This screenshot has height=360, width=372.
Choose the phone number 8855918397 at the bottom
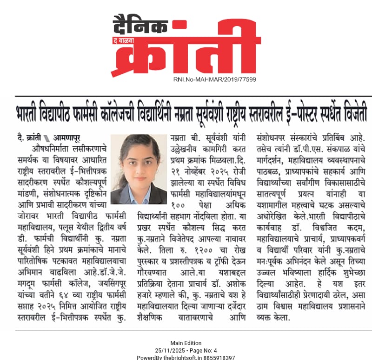(x=219, y=357)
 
